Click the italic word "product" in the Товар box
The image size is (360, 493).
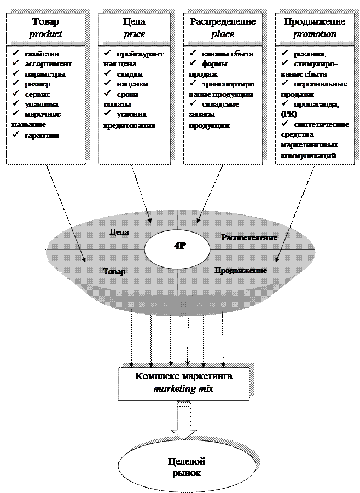pos(45,34)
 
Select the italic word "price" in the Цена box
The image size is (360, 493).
pos(135,34)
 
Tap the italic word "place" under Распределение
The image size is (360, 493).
pos(223,34)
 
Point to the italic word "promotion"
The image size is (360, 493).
pos(314,34)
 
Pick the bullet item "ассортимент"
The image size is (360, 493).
pos(48,64)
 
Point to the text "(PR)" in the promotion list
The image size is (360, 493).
pos(287,114)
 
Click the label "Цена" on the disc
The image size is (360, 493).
pos(119,232)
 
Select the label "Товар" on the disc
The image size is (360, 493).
pos(114,271)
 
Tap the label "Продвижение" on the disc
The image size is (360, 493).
pos(240,270)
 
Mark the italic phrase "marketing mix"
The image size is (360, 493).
pos(183,388)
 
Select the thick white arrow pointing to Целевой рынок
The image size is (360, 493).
pos(184,421)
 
